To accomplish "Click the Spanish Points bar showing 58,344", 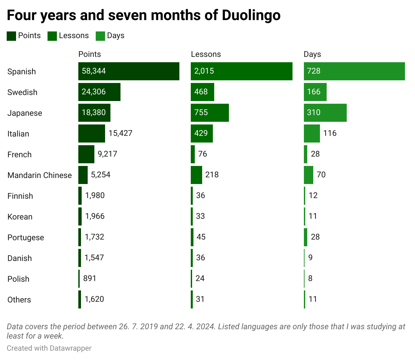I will (x=129, y=71).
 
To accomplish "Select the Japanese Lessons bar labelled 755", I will (x=210, y=113).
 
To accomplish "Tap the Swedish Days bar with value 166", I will (x=315, y=92).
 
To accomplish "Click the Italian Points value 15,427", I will (x=120, y=133).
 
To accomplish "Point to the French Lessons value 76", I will (x=202, y=154).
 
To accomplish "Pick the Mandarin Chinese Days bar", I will (x=309, y=175).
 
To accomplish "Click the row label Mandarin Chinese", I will (x=39, y=175).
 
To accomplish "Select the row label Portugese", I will (x=26, y=238).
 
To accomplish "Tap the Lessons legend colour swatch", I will (x=52, y=36).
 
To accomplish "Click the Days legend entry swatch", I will (x=100, y=36).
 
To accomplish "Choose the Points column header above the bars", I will (x=89, y=54).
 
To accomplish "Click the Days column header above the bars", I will (x=312, y=54).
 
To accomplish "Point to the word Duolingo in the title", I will (x=251, y=15).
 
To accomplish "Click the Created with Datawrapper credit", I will (x=49, y=348).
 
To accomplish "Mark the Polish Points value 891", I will (x=90, y=278).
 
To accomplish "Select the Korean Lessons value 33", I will (x=200, y=216).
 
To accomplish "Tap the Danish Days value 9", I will (x=310, y=258).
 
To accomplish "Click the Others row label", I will (x=19, y=300).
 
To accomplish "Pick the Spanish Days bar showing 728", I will (x=354, y=71).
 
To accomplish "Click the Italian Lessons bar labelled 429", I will (x=202, y=133).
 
